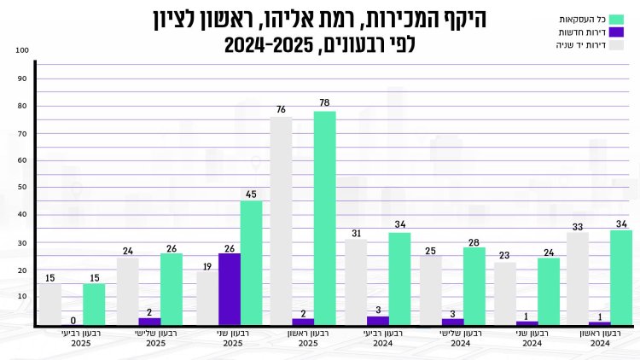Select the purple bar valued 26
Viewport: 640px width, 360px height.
coord(230,289)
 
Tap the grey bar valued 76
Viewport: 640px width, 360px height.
coord(281,221)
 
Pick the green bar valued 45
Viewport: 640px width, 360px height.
coord(251,263)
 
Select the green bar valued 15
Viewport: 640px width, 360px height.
coord(94,305)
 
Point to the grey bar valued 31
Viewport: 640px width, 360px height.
coord(356,282)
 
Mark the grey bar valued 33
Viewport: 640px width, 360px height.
coord(578,279)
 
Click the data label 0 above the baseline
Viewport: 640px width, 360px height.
coord(73,321)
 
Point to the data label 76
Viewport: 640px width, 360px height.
coord(281,109)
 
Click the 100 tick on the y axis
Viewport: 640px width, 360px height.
coord(22,50)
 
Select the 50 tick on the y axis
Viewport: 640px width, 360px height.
coord(24,187)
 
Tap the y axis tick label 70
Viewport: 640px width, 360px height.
coord(24,133)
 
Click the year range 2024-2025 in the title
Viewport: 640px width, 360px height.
coord(272,44)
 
